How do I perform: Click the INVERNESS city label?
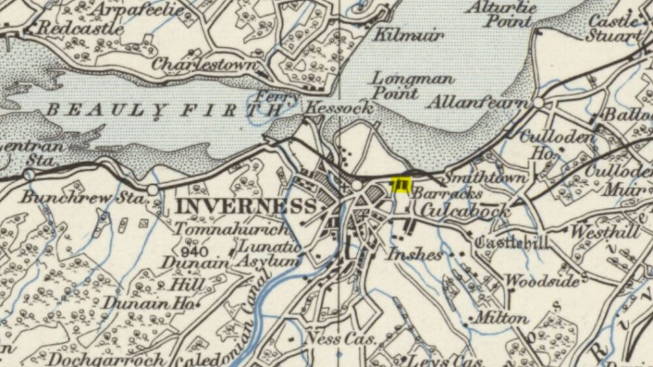[247, 206]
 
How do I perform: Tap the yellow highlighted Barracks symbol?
[400, 185]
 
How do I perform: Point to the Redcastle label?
[80, 28]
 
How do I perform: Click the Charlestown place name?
[203, 65]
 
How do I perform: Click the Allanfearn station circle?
[539, 103]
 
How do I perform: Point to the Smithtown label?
[476, 178]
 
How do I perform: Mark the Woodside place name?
[543, 281]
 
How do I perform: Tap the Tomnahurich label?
[231, 230]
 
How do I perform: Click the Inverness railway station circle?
[357, 186]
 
